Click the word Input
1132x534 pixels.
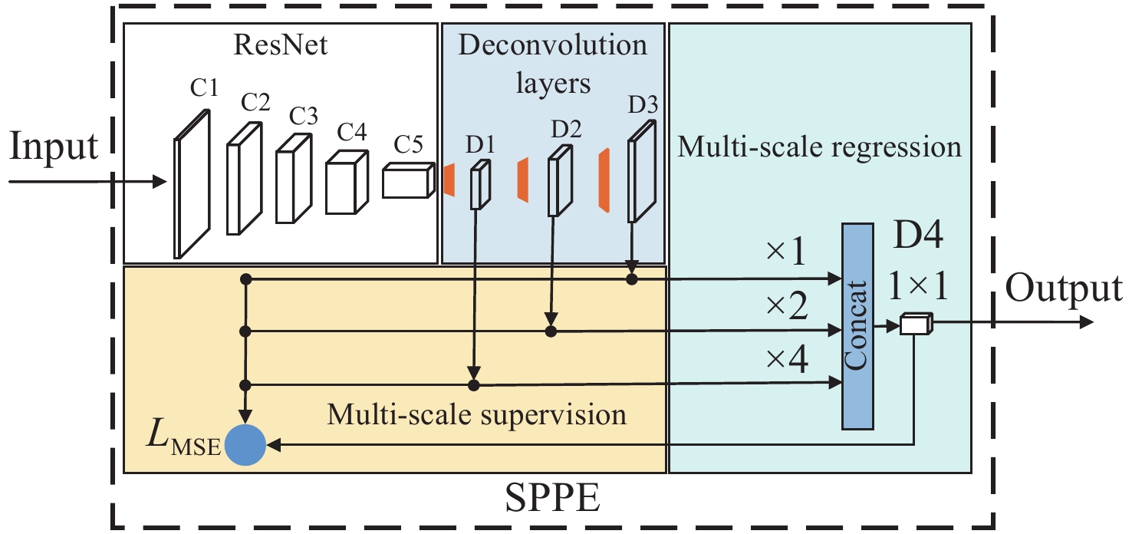[54, 146]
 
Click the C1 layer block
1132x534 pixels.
[192, 184]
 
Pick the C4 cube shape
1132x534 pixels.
[347, 182]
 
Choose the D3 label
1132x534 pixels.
[642, 104]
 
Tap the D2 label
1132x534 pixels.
[564, 130]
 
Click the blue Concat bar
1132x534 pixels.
[857, 326]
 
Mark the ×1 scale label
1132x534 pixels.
[785, 252]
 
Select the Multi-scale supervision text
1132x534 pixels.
[476, 415]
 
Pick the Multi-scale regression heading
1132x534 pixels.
[819, 146]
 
